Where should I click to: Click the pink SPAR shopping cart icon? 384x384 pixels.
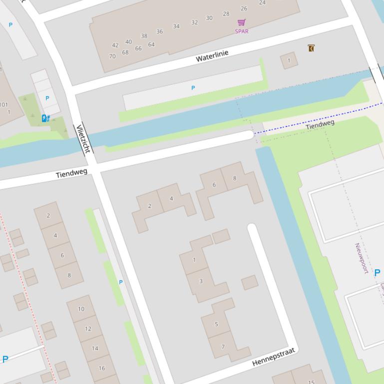tap(242, 22)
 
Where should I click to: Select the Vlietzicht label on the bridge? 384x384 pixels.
tap(83, 139)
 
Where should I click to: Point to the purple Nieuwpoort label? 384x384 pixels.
tap(361, 258)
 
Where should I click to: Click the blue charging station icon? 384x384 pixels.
tap(45, 118)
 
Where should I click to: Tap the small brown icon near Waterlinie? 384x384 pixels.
tap(311, 48)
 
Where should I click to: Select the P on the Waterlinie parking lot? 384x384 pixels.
tap(193, 88)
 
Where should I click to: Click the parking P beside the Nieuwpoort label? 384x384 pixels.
tap(377, 272)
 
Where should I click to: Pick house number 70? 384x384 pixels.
tap(112, 56)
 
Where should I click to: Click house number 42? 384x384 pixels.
tap(115, 45)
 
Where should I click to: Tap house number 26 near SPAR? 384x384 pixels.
tap(244, 8)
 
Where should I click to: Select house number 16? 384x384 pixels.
tap(102, 368)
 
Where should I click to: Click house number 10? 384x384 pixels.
tap(81, 309)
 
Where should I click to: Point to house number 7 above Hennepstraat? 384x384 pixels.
tap(223, 347)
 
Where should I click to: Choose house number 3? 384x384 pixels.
tap(201, 281)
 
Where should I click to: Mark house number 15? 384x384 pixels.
tap(311, 382)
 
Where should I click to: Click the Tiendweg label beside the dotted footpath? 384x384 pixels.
tap(320, 124)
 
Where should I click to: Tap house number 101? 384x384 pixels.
tap(4, 105)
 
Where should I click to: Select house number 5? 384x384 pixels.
tap(216, 324)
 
